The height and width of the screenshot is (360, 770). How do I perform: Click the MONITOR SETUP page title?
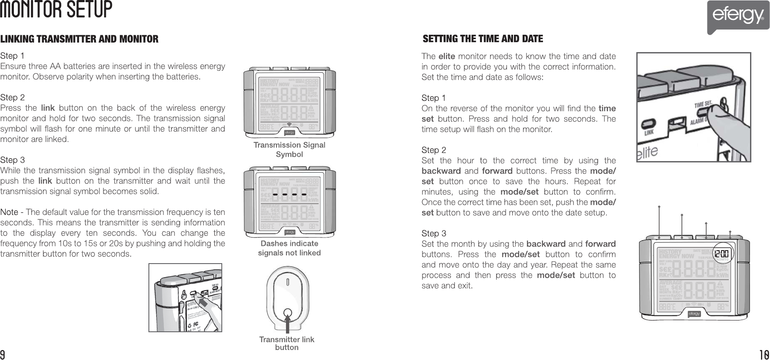pos(56,10)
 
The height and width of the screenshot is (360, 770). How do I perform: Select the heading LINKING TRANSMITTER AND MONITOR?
pos(79,40)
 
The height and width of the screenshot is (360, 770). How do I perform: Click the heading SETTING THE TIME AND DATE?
pos(483,39)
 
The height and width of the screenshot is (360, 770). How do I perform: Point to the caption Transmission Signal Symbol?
pos(289,149)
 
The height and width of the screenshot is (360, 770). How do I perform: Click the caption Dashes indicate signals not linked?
pos(289,248)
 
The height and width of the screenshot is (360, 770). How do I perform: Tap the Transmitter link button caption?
pos(286,343)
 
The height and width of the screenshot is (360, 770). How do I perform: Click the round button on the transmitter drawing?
pos(287,313)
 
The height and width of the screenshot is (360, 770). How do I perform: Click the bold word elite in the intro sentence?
pos(447,56)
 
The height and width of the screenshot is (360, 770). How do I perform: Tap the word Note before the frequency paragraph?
pos(9,212)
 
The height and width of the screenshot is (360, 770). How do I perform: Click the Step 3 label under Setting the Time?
pos(434,234)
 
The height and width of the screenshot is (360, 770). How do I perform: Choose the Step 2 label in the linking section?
pos(13,97)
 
